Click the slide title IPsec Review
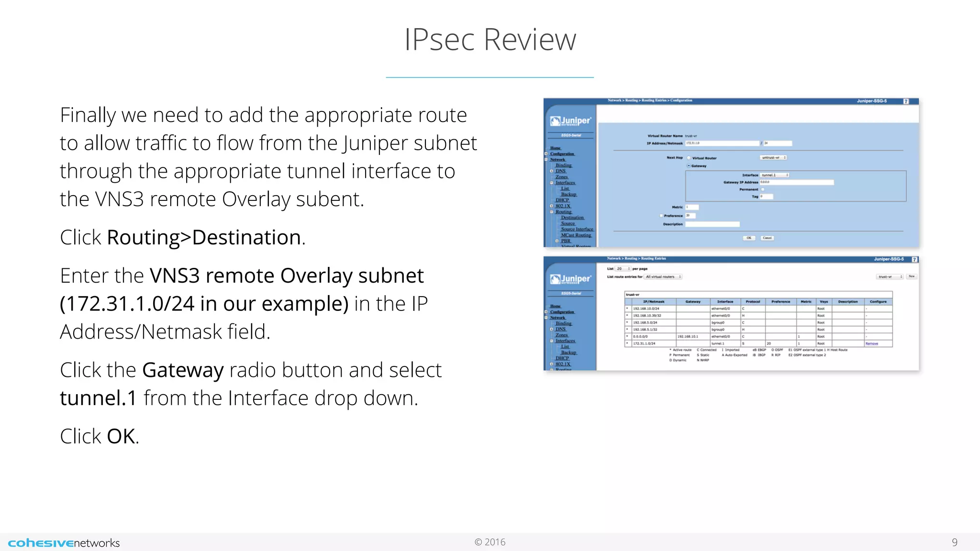tap(490, 39)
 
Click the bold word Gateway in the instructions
tap(183, 370)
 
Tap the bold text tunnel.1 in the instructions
tap(99, 398)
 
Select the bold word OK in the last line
tap(121, 437)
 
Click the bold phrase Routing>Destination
tap(204, 238)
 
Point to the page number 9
tap(954, 542)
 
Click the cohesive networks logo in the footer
tap(64, 543)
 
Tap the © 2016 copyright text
tap(490, 542)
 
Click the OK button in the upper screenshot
tap(749, 238)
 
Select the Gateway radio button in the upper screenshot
tap(689, 165)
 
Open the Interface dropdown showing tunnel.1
tap(774, 175)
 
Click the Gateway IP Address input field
tap(796, 182)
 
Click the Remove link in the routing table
tap(871, 343)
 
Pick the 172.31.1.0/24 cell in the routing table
tap(645, 343)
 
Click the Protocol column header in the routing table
tap(753, 302)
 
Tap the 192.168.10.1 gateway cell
tap(688, 337)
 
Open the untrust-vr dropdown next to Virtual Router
tap(773, 157)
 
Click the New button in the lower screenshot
tap(912, 276)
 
